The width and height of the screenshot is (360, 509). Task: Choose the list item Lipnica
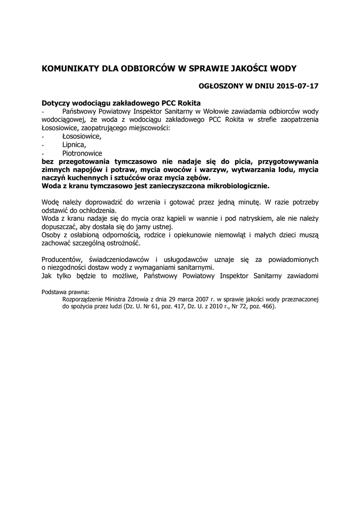pos(74,145)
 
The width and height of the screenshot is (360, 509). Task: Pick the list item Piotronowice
pos(82,153)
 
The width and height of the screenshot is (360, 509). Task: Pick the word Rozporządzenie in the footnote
pos(84,299)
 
